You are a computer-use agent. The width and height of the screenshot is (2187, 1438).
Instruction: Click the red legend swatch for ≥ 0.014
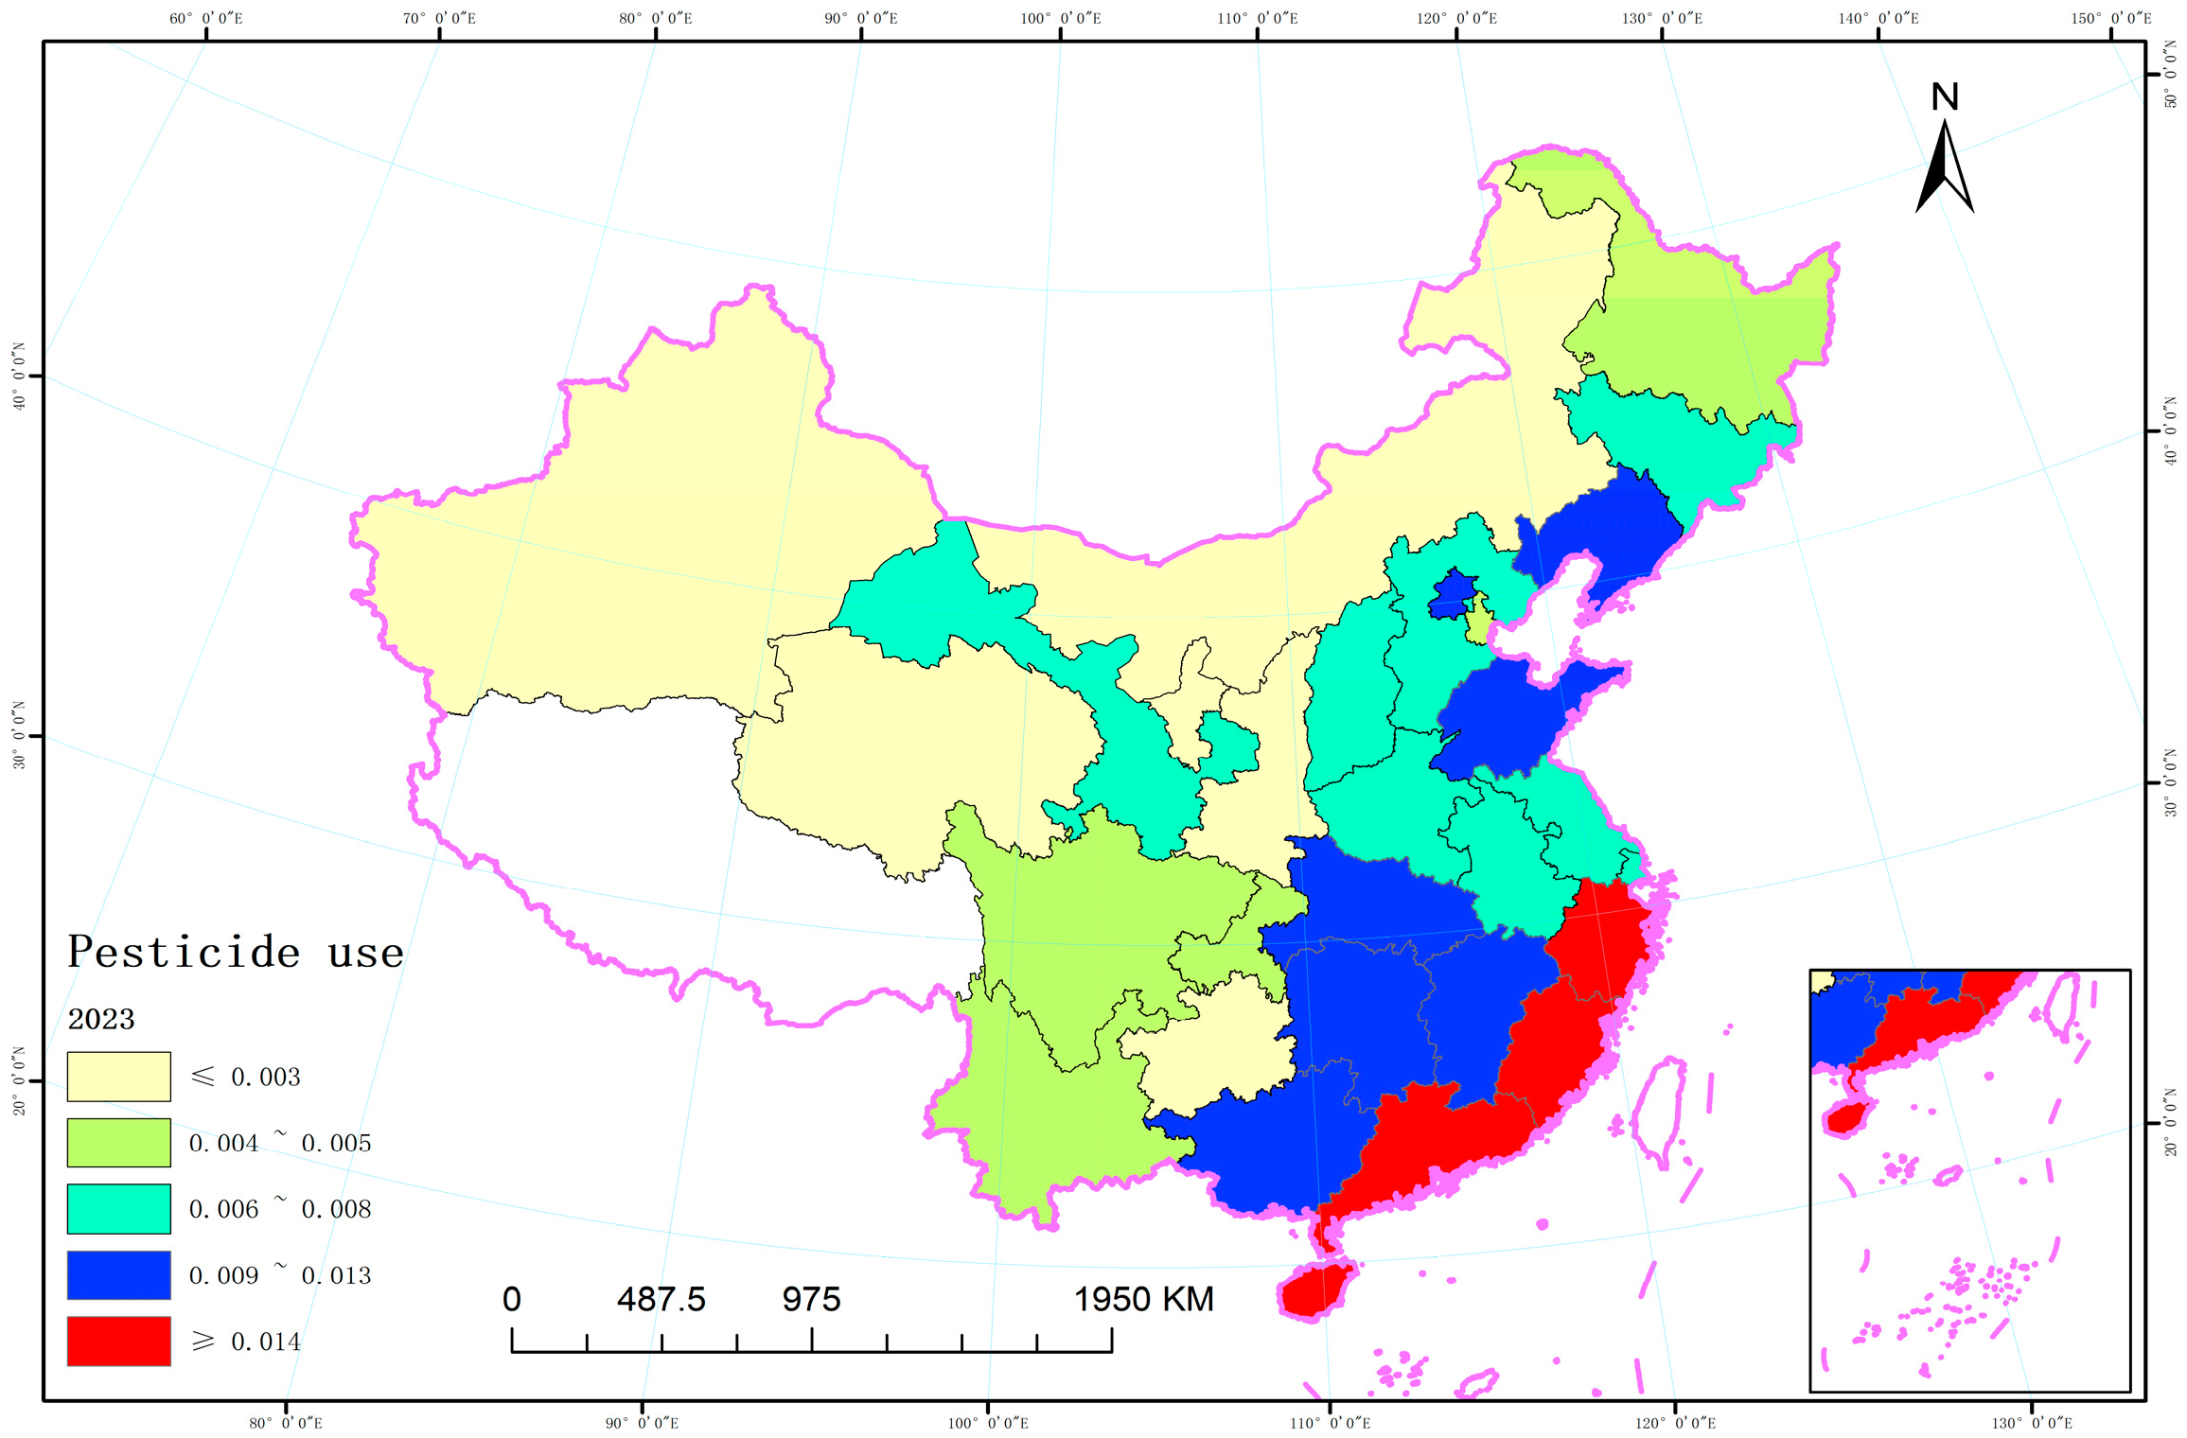click(x=118, y=1341)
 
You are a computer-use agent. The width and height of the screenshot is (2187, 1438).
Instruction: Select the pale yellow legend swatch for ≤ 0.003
click(x=118, y=1077)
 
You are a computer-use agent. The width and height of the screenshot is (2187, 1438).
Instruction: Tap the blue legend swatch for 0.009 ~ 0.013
click(x=118, y=1274)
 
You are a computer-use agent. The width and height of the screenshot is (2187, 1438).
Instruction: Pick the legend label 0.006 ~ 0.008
click(x=279, y=1209)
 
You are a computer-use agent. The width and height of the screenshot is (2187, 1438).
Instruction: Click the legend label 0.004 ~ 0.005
click(x=279, y=1143)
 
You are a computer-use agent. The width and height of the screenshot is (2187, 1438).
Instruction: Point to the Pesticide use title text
click(x=236, y=952)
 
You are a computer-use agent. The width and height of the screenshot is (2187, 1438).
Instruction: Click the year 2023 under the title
click(x=101, y=1019)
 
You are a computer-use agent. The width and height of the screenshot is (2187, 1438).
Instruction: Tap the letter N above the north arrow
click(x=1944, y=96)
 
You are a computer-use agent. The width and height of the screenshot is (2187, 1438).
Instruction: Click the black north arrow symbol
click(x=1944, y=170)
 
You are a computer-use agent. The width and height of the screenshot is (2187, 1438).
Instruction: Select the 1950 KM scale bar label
click(x=1143, y=1299)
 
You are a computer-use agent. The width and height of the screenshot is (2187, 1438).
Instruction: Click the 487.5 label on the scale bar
click(x=661, y=1299)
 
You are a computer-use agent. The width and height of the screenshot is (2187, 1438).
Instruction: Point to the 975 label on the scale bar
click(x=811, y=1299)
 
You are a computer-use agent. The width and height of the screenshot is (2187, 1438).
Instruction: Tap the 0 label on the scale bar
click(x=511, y=1299)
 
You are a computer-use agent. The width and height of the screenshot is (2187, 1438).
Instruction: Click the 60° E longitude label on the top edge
click(x=206, y=18)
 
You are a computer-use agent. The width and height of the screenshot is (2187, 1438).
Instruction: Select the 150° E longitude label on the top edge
click(x=2111, y=18)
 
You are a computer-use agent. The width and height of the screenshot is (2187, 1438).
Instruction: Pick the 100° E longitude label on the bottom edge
click(x=988, y=1423)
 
